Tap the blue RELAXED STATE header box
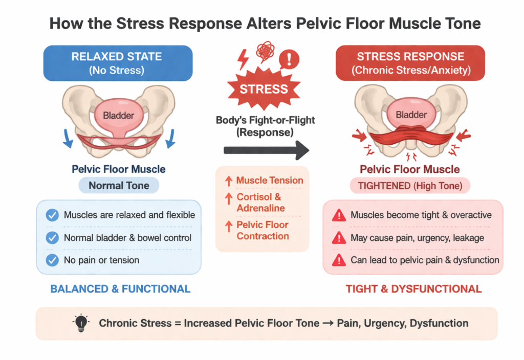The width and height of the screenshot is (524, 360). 118,63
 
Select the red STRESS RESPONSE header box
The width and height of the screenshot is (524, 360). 410,63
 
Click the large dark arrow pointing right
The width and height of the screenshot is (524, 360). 267,150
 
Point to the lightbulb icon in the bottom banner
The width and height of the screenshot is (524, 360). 81,323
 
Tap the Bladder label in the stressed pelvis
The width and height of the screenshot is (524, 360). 411,115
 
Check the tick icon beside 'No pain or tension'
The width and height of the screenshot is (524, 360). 52,260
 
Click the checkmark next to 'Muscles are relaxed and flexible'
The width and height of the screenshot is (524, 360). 52,215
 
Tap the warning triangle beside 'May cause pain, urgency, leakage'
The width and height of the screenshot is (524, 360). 338,238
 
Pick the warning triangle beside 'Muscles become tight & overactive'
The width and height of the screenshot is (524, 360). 338,216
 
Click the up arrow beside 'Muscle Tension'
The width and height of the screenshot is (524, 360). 227,181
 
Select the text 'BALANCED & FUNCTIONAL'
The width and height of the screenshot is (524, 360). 120,289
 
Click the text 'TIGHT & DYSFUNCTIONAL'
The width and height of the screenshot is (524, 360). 413,289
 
